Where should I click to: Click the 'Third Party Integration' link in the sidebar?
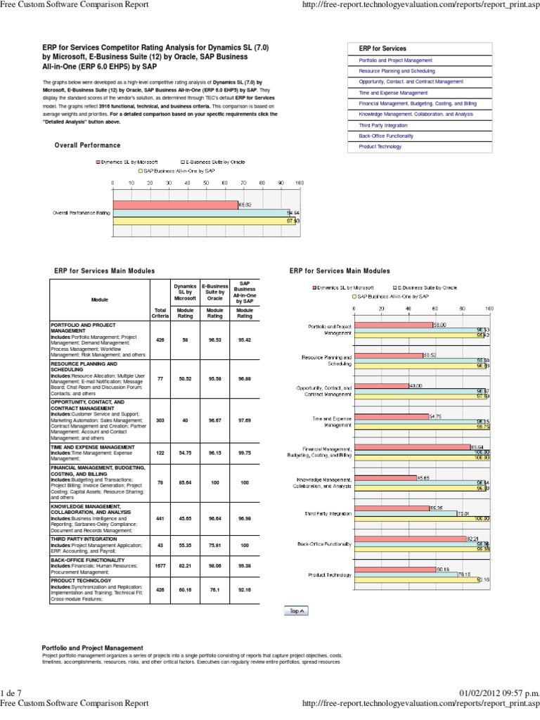[384, 125]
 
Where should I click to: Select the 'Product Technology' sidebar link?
[380, 147]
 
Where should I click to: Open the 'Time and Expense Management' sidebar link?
[393, 93]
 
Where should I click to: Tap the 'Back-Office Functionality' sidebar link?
[386, 136]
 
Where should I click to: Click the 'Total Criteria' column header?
[160, 313]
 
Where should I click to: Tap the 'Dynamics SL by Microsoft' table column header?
[186, 292]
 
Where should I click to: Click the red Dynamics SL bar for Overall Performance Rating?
[174, 205]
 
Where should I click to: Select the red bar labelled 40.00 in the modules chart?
[380, 386]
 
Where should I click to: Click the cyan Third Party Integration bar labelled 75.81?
[405, 514]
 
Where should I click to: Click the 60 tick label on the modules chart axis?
[435, 309]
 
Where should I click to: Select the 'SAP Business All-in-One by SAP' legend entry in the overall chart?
[179, 171]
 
